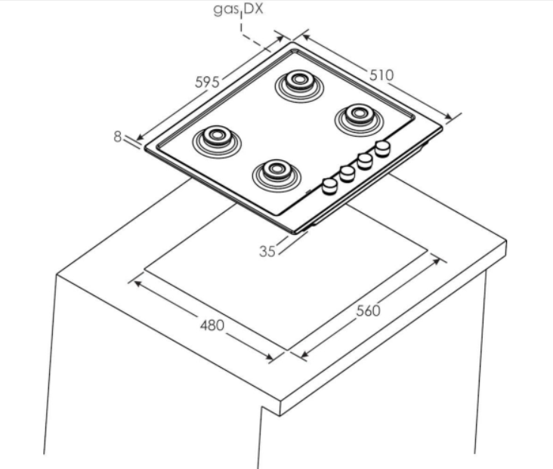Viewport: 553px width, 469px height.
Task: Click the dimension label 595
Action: tap(207, 82)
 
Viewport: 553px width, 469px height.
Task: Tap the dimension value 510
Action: tap(382, 75)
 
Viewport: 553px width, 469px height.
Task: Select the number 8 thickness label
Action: tap(118, 137)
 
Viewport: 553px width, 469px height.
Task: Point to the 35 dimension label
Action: tap(267, 251)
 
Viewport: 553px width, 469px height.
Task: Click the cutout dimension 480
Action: tap(212, 325)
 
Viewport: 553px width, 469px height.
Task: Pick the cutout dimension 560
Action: tap(369, 310)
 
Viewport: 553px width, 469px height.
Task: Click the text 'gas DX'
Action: tap(239, 9)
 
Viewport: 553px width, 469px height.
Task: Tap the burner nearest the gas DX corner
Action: tap(299, 86)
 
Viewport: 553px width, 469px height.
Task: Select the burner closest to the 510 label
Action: tap(359, 120)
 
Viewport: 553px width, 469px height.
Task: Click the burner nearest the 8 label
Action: tap(217, 142)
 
